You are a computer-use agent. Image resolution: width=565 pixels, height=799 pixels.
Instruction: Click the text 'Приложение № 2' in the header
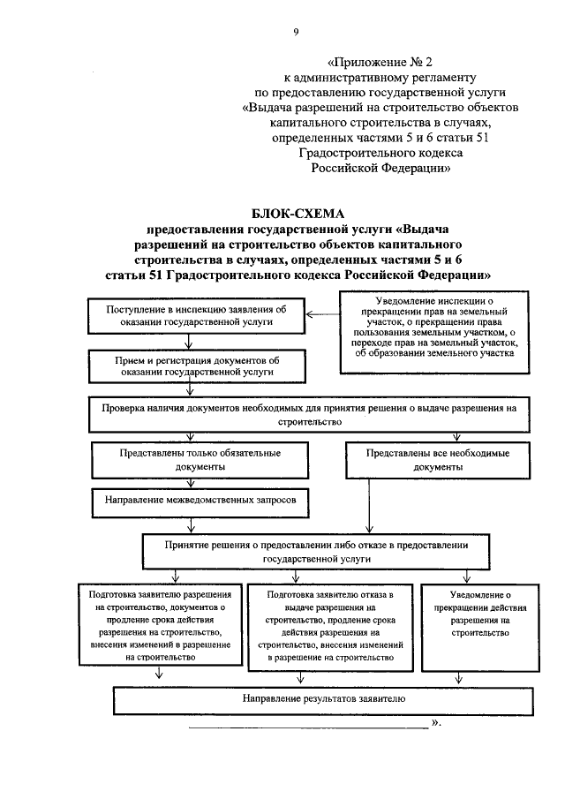[380, 63]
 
